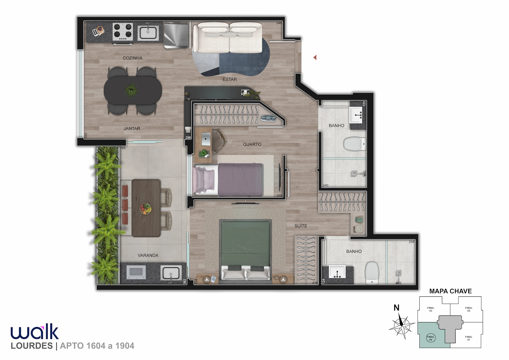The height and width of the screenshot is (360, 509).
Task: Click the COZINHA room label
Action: click(132, 58)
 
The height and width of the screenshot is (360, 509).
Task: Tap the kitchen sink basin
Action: click(148, 33)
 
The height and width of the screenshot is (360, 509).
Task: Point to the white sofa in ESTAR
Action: click(227, 38)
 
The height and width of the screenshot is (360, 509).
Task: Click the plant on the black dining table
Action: click(131, 90)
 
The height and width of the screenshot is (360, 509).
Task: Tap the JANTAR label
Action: click(132, 128)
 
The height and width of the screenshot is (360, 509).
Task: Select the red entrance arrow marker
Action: click(315, 58)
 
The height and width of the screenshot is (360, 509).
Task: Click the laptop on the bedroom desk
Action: click(206, 139)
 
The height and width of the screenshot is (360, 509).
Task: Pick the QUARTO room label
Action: click(252, 144)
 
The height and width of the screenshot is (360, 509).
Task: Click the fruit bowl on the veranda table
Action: click(145, 209)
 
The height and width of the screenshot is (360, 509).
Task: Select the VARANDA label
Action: click(148, 255)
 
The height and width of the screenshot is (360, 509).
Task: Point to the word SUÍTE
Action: click(301, 226)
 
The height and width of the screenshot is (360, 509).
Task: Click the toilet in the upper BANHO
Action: click(355, 144)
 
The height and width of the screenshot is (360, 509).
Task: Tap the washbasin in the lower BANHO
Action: click(337, 271)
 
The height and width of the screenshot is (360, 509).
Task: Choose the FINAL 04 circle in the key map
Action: click(431, 338)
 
